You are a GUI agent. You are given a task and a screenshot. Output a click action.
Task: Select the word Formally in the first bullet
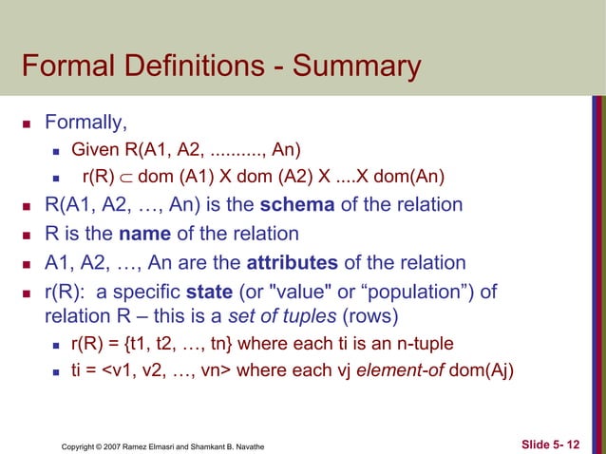86,123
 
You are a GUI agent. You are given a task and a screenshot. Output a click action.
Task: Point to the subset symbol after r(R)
136,177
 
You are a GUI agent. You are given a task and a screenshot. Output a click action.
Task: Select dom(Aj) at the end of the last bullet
480,371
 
